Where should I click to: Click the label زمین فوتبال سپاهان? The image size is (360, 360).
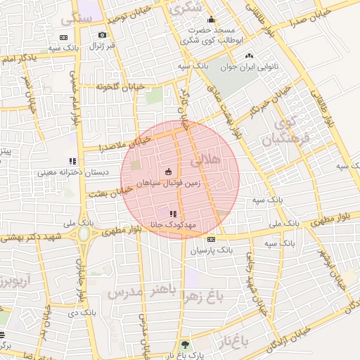(x=168, y=182)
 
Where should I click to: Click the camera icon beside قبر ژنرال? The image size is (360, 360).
(x=103, y=35)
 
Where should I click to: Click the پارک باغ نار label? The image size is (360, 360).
(x=185, y=356)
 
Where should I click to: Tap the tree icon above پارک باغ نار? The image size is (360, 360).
(x=185, y=345)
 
